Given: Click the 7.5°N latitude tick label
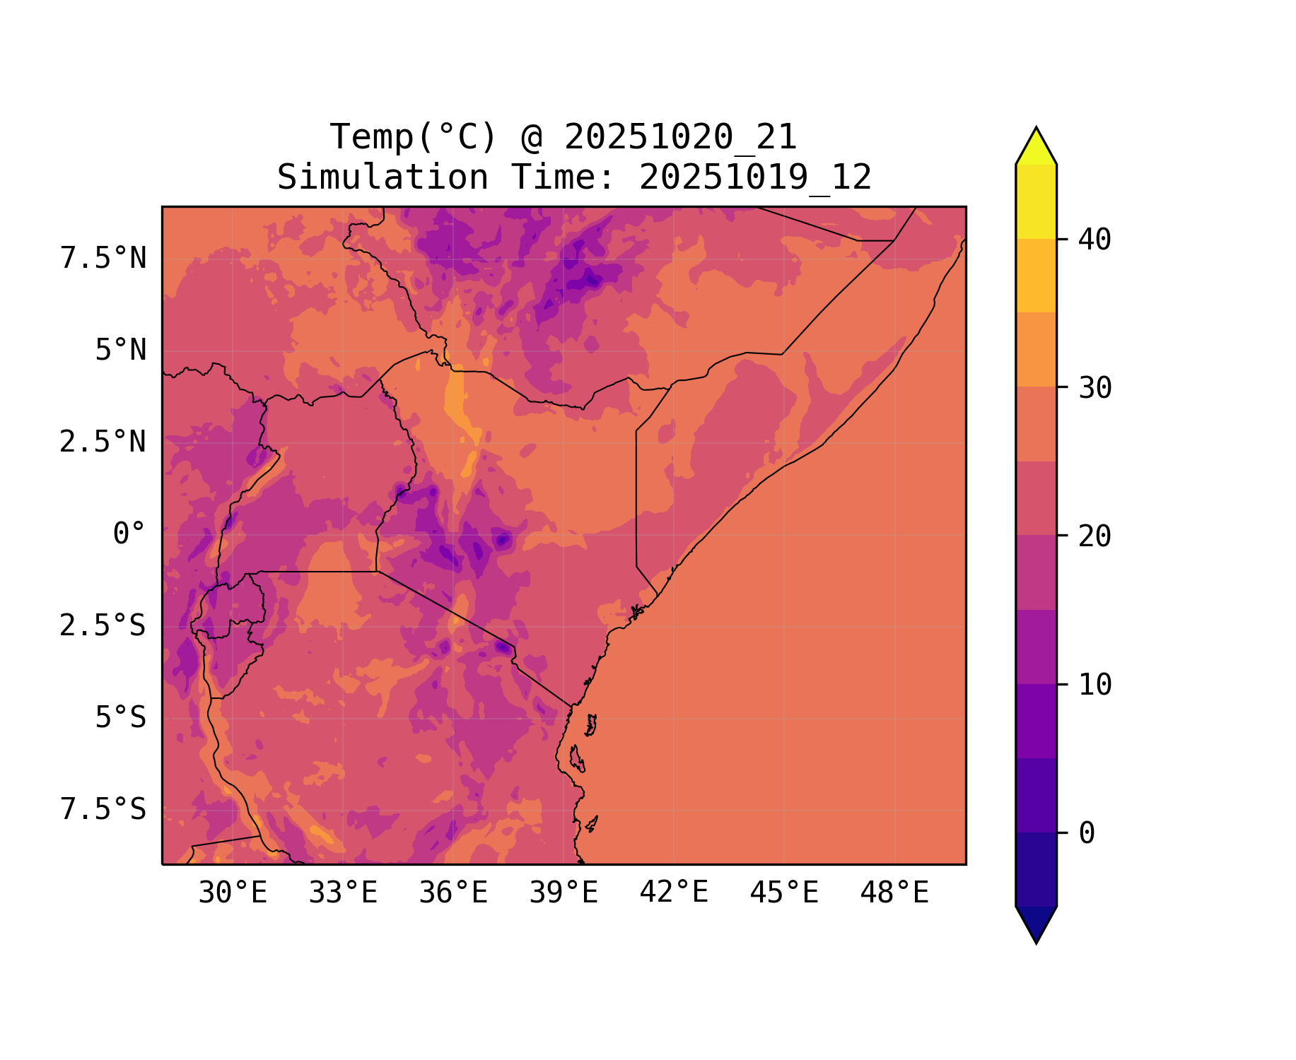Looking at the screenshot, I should (103, 259).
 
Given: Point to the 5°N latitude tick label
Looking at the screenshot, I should (120, 351).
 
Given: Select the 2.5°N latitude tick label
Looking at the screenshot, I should (103, 442).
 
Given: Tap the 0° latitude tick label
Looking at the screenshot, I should (129, 534).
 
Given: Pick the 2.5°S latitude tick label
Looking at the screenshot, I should (103, 626).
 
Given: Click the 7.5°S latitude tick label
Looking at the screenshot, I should (103, 810).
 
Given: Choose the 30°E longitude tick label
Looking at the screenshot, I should (233, 893).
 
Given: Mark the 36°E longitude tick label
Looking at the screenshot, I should (453, 893).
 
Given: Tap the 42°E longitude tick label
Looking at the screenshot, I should (674, 893).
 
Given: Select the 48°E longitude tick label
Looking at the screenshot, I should (894, 893).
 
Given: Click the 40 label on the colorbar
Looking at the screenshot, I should (1094, 240).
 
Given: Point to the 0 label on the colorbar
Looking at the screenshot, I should (1087, 834).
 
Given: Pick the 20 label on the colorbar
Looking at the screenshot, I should (1094, 536).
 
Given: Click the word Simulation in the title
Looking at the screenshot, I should (383, 177).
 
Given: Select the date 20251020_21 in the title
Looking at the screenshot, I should (680, 137).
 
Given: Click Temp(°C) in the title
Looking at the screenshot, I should (413, 137).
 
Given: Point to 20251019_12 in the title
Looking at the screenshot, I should (755, 177).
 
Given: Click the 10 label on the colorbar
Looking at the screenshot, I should (1094, 685).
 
